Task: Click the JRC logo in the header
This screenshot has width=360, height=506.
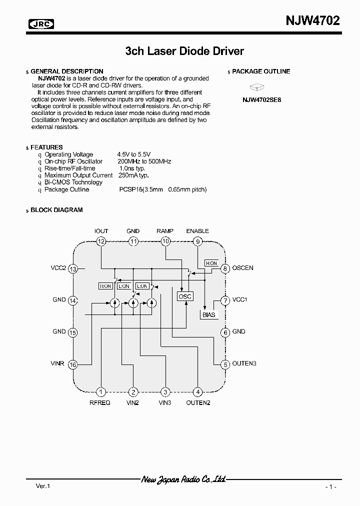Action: tap(41, 24)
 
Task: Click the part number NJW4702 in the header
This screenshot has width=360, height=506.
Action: tap(312, 21)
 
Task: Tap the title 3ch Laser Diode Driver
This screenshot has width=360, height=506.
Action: tap(184, 51)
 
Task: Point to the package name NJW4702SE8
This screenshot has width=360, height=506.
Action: tap(262, 99)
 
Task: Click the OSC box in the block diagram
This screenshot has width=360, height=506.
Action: tap(185, 296)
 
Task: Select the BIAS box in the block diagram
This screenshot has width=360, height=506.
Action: tap(208, 315)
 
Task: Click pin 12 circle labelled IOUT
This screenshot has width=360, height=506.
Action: tap(101, 241)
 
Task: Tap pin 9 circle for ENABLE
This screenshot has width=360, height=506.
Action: tap(197, 241)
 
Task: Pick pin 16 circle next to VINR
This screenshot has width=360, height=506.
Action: tap(73, 364)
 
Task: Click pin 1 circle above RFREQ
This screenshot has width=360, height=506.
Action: tap(101, 392)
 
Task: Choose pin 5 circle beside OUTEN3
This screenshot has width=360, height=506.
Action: tap(225, 364)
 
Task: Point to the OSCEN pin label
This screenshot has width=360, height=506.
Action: tap(243, 268)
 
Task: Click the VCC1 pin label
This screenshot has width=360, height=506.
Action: tap(240, 300)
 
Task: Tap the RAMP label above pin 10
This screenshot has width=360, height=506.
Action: tap(165, 231)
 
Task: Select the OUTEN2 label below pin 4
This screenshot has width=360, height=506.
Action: tap(198, 403)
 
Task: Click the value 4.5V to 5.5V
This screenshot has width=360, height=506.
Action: tap(134, 154)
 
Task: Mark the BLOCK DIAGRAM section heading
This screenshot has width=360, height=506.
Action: tap(56, 210)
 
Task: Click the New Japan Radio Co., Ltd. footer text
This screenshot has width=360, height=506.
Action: tap(183, 479)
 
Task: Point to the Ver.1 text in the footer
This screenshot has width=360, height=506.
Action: tap(43, 486)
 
